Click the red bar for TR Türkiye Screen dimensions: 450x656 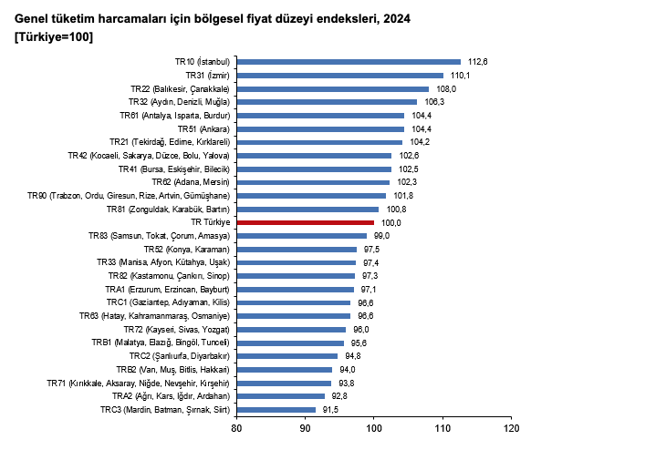pyautogui.click(x=305, y=222)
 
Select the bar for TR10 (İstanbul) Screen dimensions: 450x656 pyautogui.click(x=348, y=62)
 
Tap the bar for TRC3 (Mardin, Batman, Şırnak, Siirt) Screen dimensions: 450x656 pyautogui.click(x=276, y=410)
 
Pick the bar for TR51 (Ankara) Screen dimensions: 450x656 pyautogui.click(x=319, y=128)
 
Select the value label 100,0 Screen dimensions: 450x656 pyautogui.click(x=391, y=222)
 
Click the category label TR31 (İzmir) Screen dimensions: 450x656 pyautogui.click(x=206, y=75)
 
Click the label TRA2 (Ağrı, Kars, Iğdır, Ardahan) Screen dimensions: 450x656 pyautogui.click(x=171, y=396)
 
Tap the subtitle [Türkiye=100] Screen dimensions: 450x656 pyautogui.click(x=54, y=36)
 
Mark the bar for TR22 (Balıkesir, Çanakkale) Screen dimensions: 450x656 pyautogui.click(x=332, y=88)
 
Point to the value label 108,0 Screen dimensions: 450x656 pyautogui.click(x=446, y=88)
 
